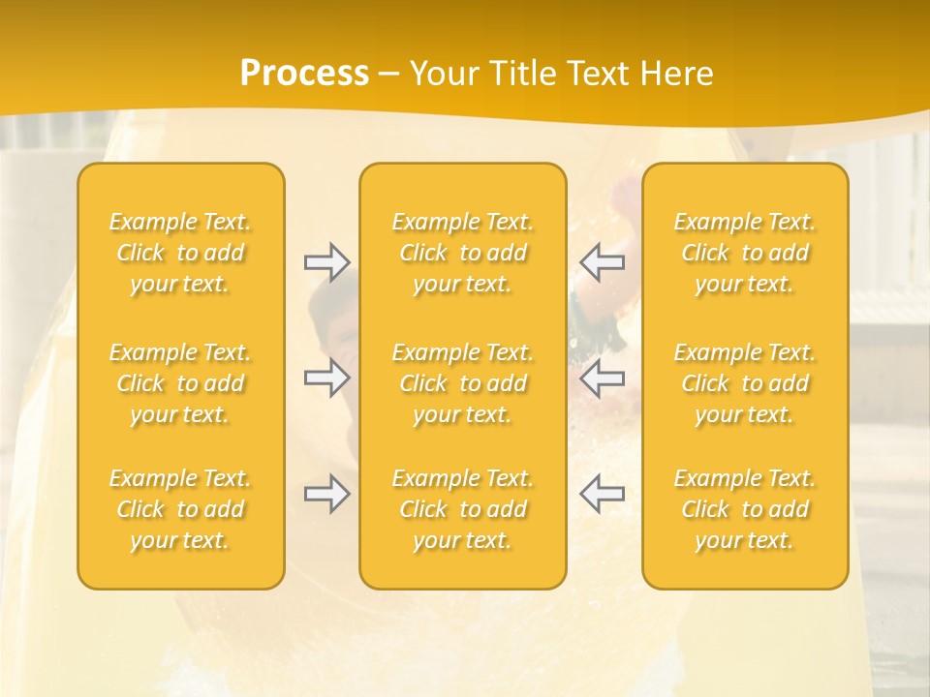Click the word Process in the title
[x=304, y=74]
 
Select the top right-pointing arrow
[x=326, y=262]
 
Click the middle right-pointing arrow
[x=326, y=379]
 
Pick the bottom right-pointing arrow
[x=326, y=495]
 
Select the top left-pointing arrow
[x=602, y=262]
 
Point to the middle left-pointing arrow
[x=602, y=379]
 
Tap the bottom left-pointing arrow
[x=602, y=495]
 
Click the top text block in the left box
[x=180, y=253]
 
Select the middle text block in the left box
[x=180, y=383]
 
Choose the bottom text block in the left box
[x=180, y=509]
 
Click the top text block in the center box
[x=463, y=253]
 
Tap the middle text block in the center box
[x=463, y=383]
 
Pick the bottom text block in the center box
[x=463, y=509]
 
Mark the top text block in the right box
[x=745, y=253]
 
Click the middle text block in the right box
[x=745, y=383]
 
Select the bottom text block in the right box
[x=745, y=509]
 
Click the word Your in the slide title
[x=442, y=74]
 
